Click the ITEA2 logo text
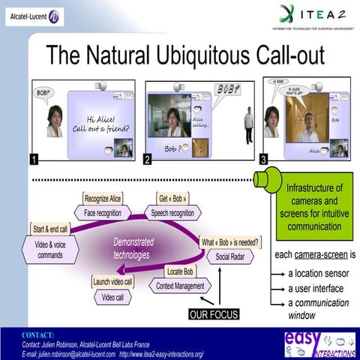click(314, 13)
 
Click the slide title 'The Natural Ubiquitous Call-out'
click(185, 54)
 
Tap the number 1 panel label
click(34, 159)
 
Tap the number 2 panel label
click(148, 159)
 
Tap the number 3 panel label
click(263, 159)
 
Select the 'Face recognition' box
click(103, 213)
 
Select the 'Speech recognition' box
click(173, 213)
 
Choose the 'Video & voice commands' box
click(51, 250)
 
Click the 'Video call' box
click(113, 296)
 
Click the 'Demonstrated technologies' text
click(133, 248)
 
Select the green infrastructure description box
click(314, 205)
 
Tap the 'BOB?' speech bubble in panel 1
click(43, 93)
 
